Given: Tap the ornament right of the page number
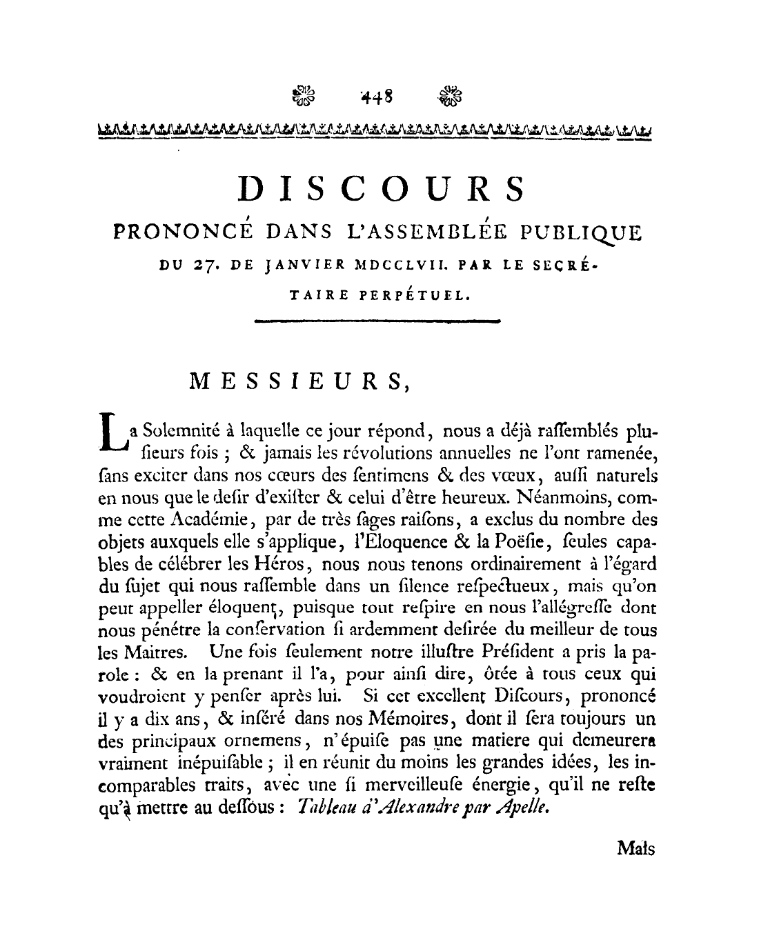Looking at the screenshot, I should coord(451,96).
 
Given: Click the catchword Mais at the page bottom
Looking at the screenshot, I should coord(635,848).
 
